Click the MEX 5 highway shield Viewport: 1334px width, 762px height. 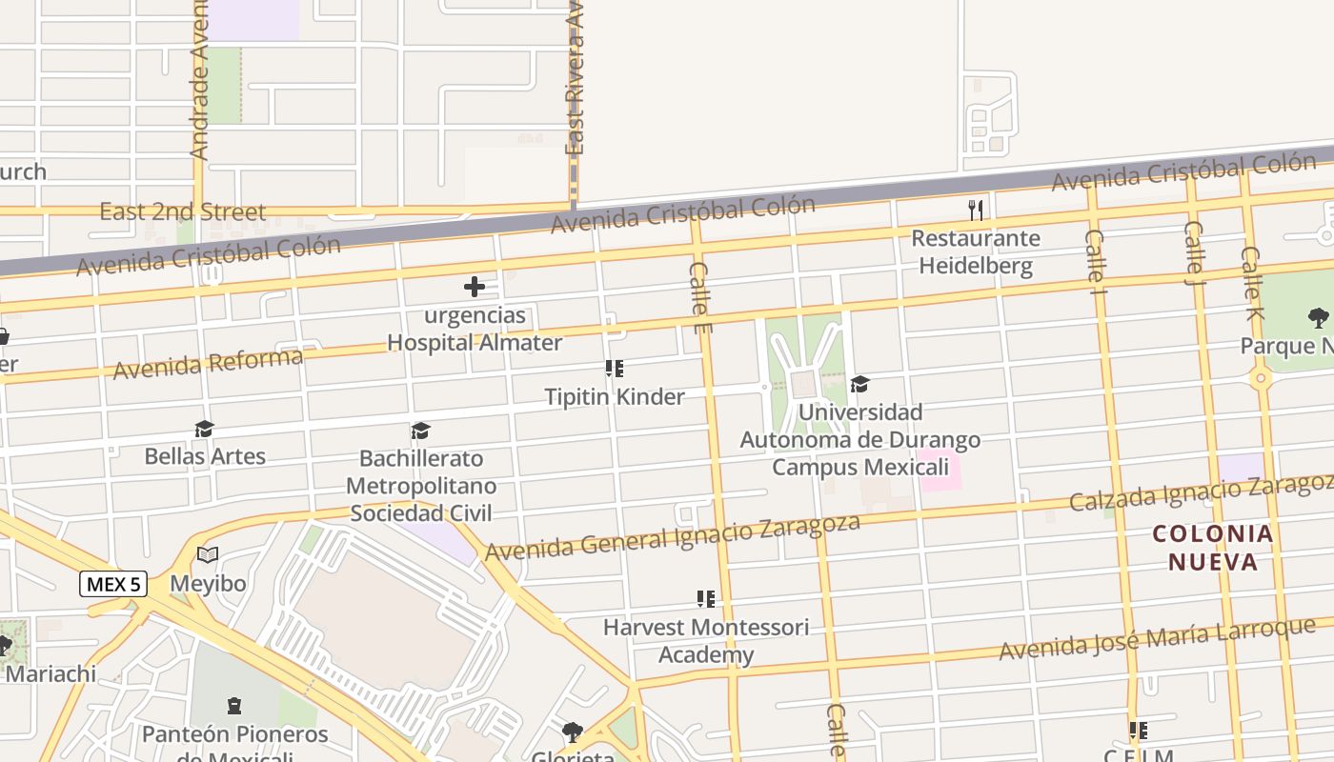[113, 584]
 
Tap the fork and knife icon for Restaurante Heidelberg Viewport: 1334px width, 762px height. [975, 210]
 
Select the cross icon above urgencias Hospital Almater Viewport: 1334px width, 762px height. [474, 286]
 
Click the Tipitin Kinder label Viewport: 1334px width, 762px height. [614, 396]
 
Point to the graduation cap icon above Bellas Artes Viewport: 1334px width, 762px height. [204, 430]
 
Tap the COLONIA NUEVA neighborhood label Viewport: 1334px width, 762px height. [1213, 548]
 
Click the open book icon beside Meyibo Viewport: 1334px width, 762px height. [208, 554]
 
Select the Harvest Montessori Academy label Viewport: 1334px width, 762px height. [705, 641]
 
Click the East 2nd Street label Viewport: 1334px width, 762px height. [183, 211]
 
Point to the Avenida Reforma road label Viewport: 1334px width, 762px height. [208, 364]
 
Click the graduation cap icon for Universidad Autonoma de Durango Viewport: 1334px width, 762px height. [859, 384]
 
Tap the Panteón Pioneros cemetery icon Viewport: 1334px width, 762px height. [234, 706]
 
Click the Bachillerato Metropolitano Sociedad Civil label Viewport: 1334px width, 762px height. [420, 486]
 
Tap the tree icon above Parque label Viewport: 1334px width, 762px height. [1318, 317]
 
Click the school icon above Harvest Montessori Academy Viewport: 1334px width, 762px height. [705, 599]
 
